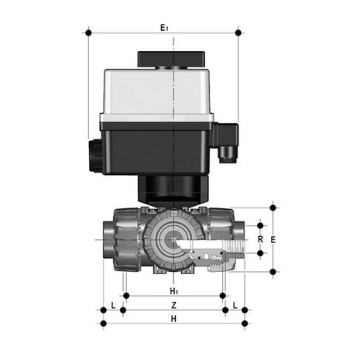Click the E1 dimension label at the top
[164, 27]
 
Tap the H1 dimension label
[174, 291]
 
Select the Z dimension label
[174, 305]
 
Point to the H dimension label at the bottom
[173, 319]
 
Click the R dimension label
[260, 239]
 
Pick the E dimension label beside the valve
[273, 240]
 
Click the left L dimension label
[113, 305]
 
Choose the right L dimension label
[235, 305]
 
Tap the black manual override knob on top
[171, 60]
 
